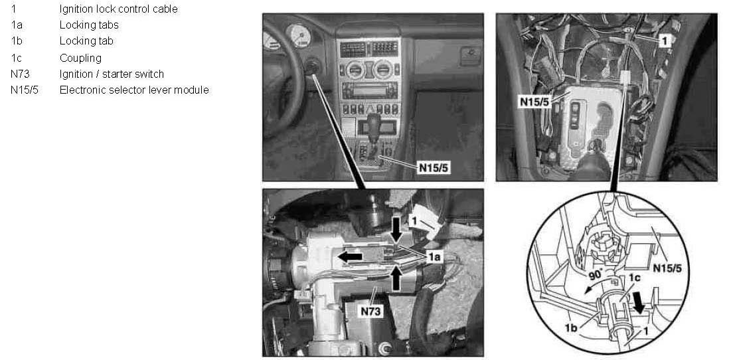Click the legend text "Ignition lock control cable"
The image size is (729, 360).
(x=119, y=9)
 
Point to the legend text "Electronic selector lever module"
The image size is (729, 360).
(x=134, y=90)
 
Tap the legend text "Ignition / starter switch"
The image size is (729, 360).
(x=112, y=74)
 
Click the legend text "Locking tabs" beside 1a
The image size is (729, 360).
(x=89, y=25)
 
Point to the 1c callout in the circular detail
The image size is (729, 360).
(x=635, y=278)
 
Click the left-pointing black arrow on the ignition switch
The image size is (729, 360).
(x=350, y=256)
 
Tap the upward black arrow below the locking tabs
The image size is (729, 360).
(x=395, y=278)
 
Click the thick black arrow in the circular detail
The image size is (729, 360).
(x=640, y=305)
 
